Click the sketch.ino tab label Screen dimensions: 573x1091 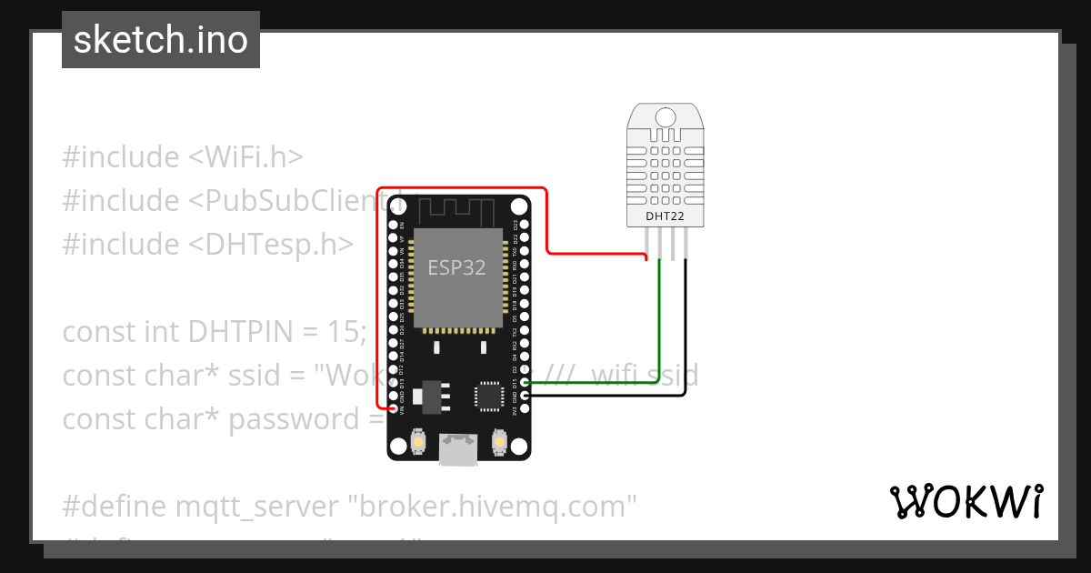(161, 40)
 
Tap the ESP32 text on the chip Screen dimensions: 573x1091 (456, 267)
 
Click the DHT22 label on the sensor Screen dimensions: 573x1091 (665, 216)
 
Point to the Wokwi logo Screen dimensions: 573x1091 (966, 501)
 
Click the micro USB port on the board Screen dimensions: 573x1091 (457, 447)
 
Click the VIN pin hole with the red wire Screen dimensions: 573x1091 (394, 409)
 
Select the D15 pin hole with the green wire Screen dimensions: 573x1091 (525, 384)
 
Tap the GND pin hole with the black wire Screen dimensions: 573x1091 (525, 397)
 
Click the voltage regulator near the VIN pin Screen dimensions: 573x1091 (420, 397)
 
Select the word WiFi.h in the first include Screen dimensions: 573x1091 (245, 157)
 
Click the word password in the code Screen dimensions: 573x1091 (281, 419)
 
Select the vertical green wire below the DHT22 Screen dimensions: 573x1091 (659, 318)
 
